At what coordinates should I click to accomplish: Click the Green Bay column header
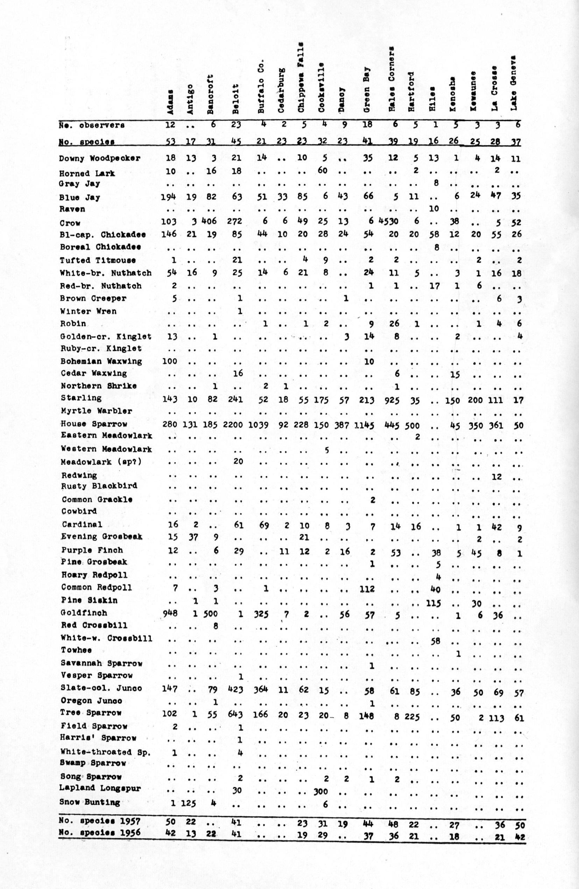point(367,90)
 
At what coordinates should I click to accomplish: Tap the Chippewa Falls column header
point(302,77)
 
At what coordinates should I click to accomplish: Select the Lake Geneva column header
point(514,83)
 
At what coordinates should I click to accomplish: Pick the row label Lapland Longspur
point(100,789)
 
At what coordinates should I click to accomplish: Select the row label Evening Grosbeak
point(102,536)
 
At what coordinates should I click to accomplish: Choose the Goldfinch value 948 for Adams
point(170,613)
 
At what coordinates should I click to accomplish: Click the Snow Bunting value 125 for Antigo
point(189,803)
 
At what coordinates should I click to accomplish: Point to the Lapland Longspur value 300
point(321,791)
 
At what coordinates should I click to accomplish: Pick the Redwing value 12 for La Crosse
point(496,477)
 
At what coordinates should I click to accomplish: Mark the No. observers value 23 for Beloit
point(236,125)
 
